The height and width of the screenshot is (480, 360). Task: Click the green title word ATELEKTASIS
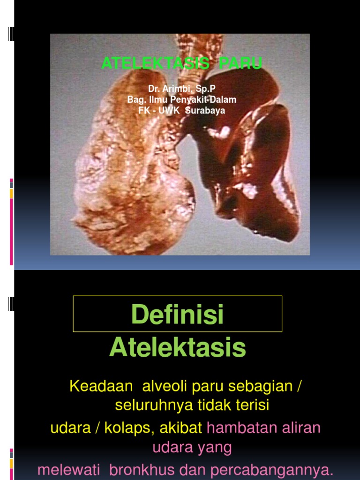[x=155, y=63]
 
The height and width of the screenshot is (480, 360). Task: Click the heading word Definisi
[x=178, y=314]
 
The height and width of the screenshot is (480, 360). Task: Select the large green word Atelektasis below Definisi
[x=178, y=347]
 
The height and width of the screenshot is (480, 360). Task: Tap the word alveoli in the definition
[x=154, y=387]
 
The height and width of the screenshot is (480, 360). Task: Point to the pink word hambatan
[x=240, y=427]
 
